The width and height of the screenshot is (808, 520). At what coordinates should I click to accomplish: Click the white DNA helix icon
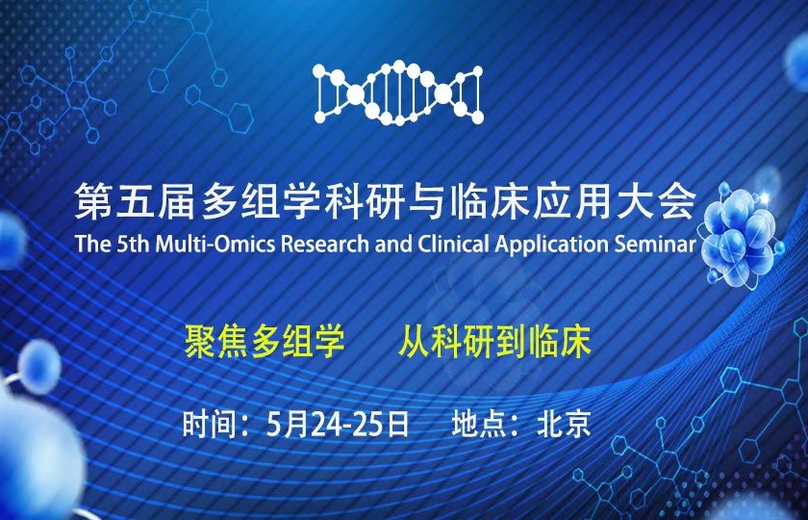pos(399,92)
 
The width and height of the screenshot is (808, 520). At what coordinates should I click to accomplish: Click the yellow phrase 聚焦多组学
pos(264,342)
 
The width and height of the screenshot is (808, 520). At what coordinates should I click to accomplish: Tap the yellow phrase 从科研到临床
pos(494,342)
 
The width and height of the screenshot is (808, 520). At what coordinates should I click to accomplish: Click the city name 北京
pos(564,423)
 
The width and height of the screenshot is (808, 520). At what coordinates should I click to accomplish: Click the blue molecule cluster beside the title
pos(741,231)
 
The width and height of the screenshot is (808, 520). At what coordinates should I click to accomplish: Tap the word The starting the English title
pos(94,244)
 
